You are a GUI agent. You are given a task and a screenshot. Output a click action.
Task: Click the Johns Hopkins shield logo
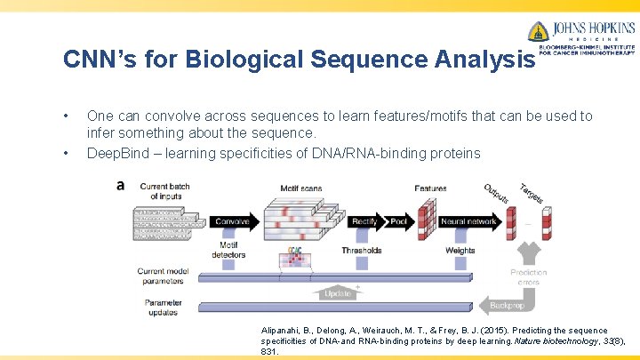point(538,32)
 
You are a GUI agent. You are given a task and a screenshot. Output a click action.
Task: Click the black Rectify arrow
point(364,220)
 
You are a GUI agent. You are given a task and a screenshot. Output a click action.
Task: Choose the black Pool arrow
point(399,220)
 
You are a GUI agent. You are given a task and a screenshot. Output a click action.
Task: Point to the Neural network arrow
point(468,220)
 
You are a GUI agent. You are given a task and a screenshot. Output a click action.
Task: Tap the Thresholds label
point(361,251)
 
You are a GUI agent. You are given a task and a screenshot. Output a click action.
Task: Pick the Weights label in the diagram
point(460,251)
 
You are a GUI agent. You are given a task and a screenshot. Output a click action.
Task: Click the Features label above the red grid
point(430,188)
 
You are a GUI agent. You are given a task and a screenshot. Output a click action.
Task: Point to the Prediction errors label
point(528,277)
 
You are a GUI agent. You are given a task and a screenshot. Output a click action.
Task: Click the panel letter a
point(120,185)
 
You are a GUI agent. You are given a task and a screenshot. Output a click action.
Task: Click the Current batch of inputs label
point(164,190)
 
